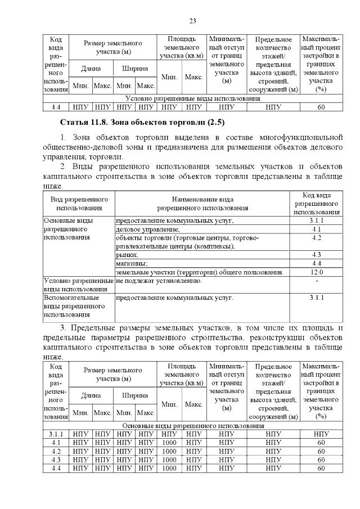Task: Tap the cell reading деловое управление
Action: click(x=147, y=229)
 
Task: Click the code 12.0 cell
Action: click(x=316, y=272)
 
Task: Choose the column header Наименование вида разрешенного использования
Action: click(x=202, y=203)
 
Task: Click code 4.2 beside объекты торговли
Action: click(x=316, y=238)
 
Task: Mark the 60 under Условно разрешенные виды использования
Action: click(x=321, y=106)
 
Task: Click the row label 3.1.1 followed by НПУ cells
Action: click(x=55, y=434)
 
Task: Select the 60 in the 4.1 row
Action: click(x=321, y=443)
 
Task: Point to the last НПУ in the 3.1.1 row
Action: click(x=321, y=434)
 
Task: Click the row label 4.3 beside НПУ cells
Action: click(x=55, y=460)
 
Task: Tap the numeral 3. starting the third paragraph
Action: click(x=63, y=328)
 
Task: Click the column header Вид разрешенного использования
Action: click(x=79, y=203)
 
